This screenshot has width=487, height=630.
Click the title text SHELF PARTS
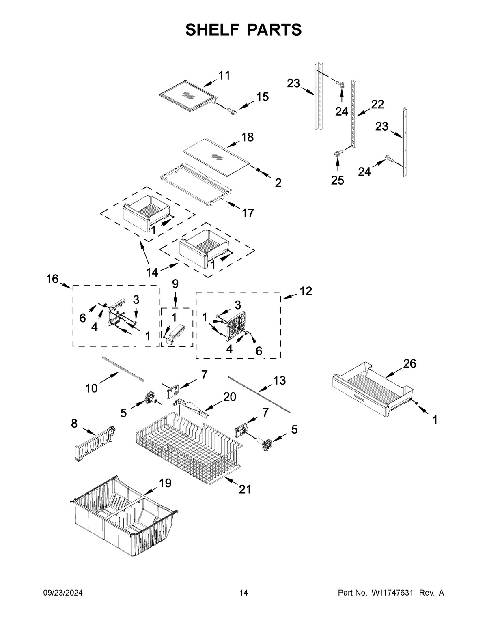(x=243, y=30)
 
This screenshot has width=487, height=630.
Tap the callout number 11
(x=224, y=75)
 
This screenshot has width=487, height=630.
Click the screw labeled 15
(x=232, y=110)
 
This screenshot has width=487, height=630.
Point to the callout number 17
(x=248, y=213)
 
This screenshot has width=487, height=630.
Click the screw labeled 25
(x=337, y=154)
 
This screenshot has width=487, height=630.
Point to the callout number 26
(x=409, y=363)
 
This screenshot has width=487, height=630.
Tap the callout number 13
(x=279, y=381)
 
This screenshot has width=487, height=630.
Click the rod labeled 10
(x=123, y=369)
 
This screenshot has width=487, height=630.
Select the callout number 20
(x=229, y=397)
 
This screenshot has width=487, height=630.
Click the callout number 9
(x=175, y=284)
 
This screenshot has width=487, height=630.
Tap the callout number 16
(x=52, y=279)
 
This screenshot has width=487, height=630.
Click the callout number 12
(x=306, y=291)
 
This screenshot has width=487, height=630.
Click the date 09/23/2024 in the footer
(x=63, y=593)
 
